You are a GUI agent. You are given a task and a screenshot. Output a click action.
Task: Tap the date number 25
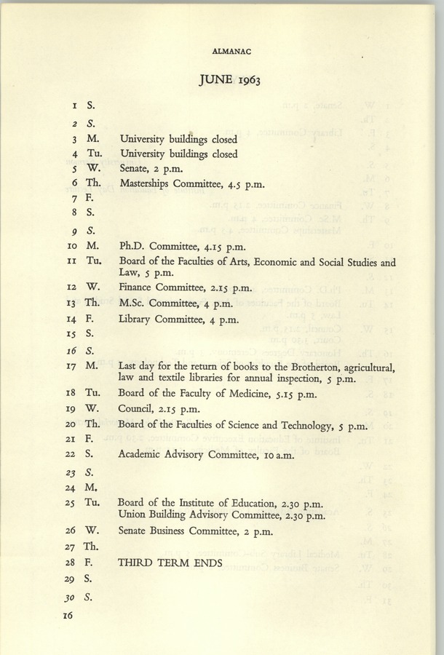point(68,503)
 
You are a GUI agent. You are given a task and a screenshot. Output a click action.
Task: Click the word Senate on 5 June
point(135,170)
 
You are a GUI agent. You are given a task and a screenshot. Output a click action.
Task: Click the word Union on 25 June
point(134,516)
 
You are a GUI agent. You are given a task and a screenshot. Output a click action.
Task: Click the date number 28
point(68,563)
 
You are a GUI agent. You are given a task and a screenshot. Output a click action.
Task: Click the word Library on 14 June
point(138,318)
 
